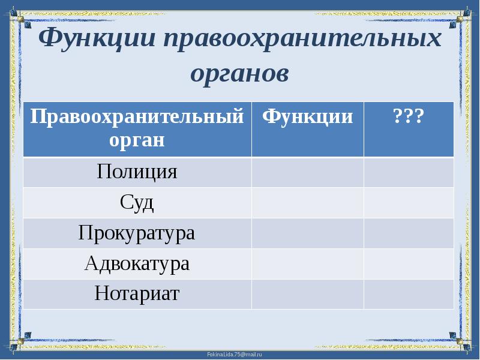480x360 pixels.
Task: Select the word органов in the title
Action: pos(240,73)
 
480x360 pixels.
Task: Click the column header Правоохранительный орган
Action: pos(137,128)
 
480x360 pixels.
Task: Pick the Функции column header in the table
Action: pos(308,116)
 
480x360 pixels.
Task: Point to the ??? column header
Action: pos(409,116)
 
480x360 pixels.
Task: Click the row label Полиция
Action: pos(137,172)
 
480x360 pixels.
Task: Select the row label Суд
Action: pos(137,203)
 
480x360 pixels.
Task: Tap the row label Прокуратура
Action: pos(137,233)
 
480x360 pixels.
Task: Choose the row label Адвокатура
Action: pos(137,264)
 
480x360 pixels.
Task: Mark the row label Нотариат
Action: pos(137,294)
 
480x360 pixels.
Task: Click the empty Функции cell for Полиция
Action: pos(308,172)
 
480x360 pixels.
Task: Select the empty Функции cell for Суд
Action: pos(308,203)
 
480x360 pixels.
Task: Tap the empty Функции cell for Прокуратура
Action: pos(308,233)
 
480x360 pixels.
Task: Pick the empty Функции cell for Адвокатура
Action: pos(308,264)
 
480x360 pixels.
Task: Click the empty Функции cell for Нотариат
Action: pos(308,294)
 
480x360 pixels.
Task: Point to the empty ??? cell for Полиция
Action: pos(409,172)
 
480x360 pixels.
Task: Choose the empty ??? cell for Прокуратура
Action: pos(409,233)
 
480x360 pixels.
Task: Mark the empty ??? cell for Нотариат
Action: pos(409,294)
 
